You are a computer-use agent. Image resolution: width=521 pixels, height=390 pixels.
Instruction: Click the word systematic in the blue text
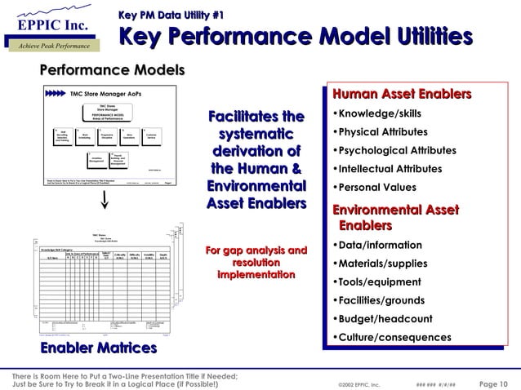(x=257, y=135)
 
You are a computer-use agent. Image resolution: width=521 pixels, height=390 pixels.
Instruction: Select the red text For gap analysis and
(x=256, y=250)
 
